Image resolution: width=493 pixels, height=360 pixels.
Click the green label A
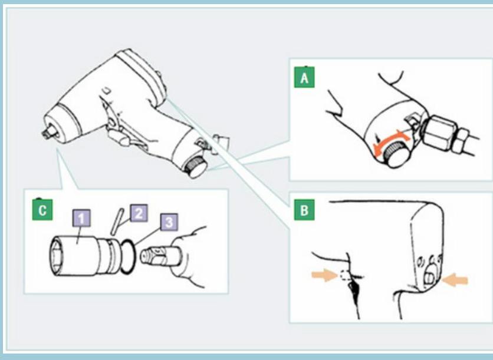coord(304,77)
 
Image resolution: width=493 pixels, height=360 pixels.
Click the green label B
coord(304,210)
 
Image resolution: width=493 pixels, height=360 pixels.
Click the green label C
coord(42,210)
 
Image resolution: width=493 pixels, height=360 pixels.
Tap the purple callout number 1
coord(82,219)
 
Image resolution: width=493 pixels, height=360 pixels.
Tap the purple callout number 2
coord(139,213)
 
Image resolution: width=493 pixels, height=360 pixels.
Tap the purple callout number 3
coord(169,222)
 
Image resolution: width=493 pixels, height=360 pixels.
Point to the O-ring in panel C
coord(127,256)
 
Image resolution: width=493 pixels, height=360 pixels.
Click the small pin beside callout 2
coord(116,221)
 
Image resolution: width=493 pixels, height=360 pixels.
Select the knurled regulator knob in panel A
coord(397,154)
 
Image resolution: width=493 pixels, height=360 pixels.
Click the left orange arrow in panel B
coord(324,276)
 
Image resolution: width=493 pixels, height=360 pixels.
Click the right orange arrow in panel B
coord(455,280)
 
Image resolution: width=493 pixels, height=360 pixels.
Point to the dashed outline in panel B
coord(345,275)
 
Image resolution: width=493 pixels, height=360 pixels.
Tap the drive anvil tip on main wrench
coord(50,131)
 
